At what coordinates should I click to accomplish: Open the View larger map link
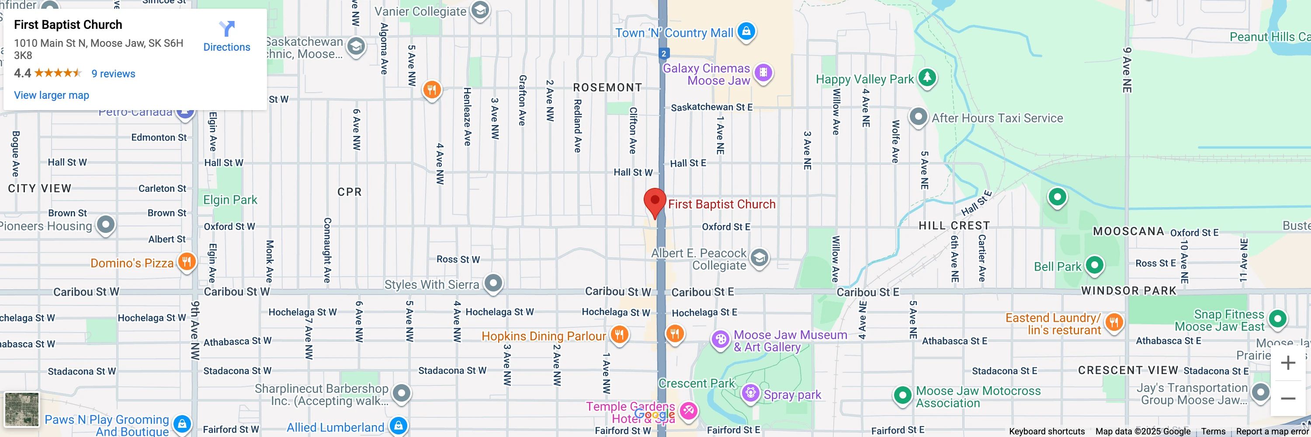pyautogui.click(x=52, y=95)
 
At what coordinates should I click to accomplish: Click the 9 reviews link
pyautogui.click(x=113, y=74)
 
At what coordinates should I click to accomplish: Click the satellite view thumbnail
pyautogui.click(x=21, y=409)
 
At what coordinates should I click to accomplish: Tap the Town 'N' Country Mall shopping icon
pyautogui.click(x=746, y=31)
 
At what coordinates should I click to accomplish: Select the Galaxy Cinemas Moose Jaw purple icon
pyautogui.click(x=763, y=73)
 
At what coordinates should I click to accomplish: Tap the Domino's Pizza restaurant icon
pyautogui.click(x=187, y=263)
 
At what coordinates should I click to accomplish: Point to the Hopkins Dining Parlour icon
pyautogui.click(x=619, y=335)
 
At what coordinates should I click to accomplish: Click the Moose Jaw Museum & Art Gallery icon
pyautogui.click(x=720, y=339)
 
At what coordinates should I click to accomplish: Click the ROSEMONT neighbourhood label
pyautogui.click(x=607, y=87)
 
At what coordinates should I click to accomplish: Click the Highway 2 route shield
pyautogui.click(x=663, y=53)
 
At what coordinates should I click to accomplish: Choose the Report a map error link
pyautogui.click(x=1272, y=431)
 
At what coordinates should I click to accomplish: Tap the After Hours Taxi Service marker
pyautogui.click(x=918, y=117)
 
